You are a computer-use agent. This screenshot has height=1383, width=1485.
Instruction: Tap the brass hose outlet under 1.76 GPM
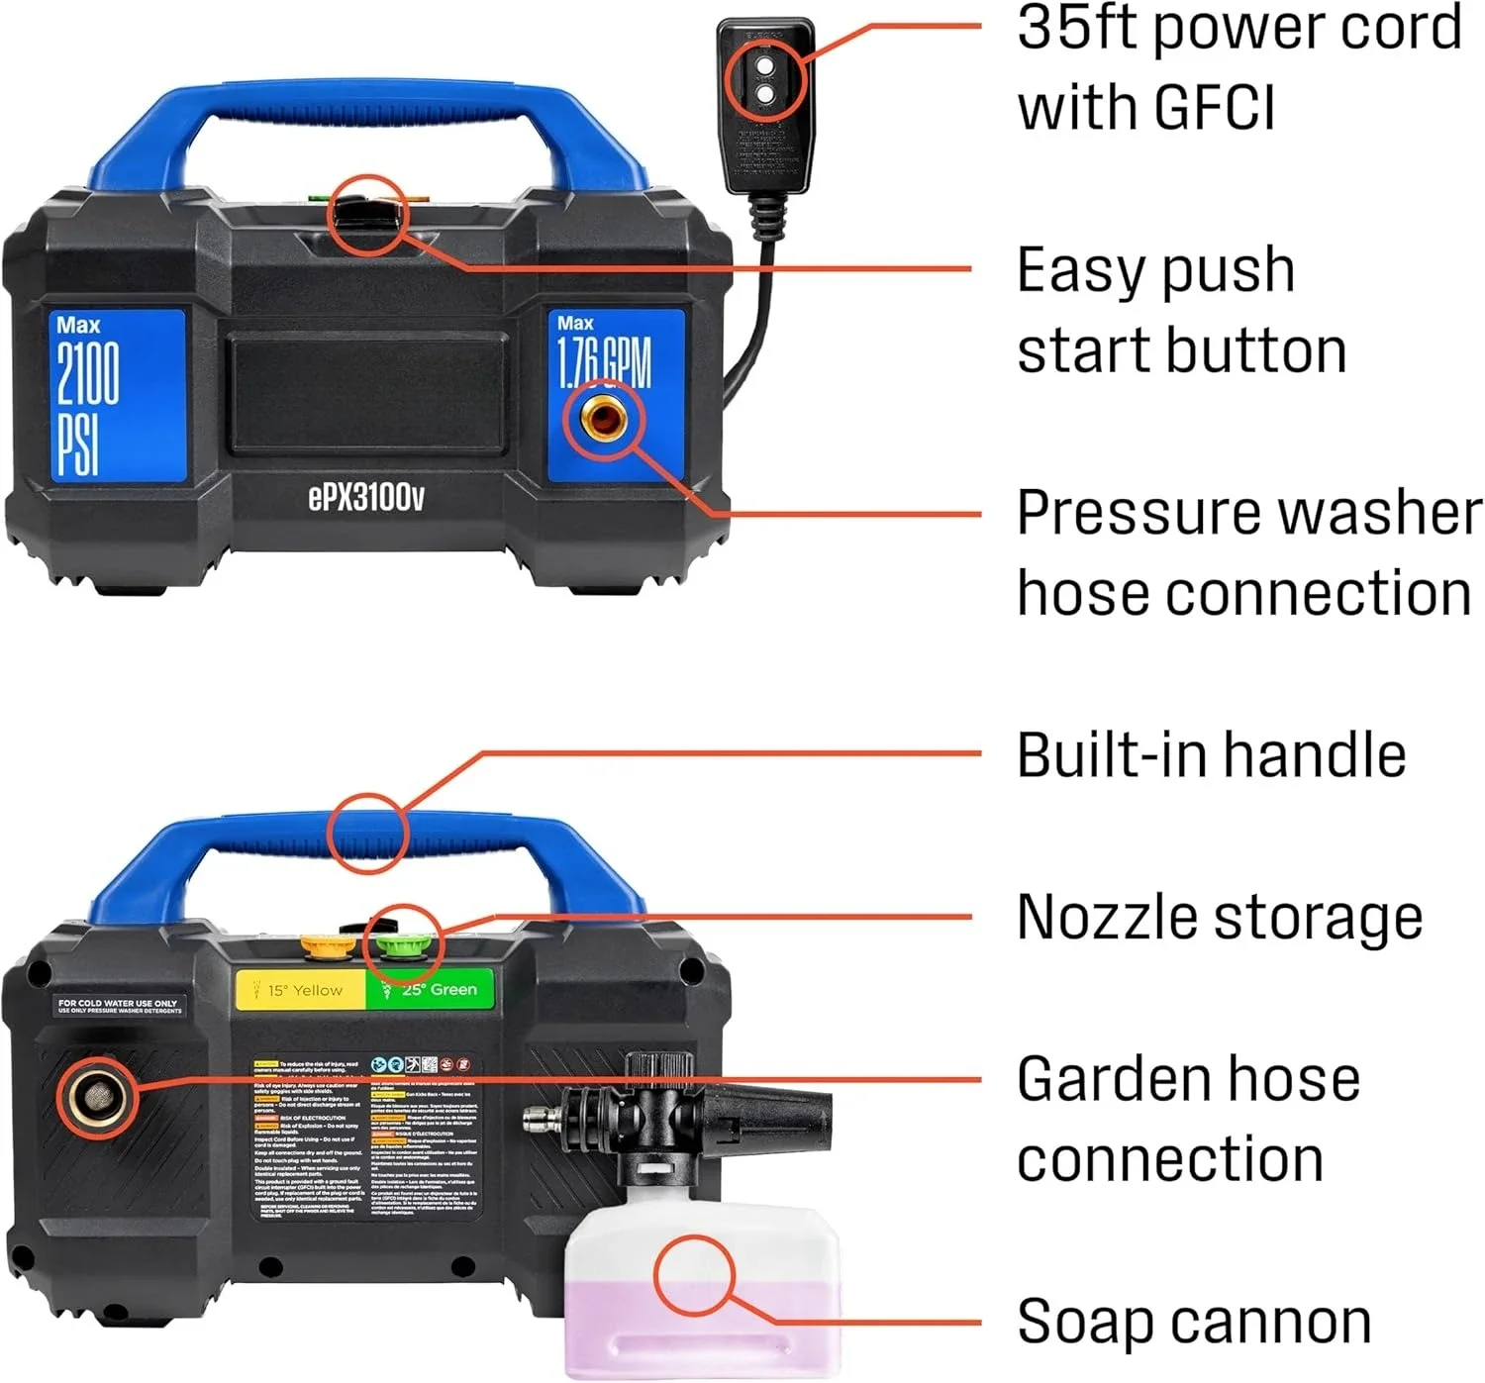click(x=603, y=420)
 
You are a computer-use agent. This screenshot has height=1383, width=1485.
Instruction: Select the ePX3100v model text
click(x=365, y=497)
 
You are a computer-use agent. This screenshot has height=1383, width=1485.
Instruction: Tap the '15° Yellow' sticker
click(x=302, y=989)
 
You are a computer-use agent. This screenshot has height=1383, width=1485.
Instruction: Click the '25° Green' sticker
click(x=433, y=989)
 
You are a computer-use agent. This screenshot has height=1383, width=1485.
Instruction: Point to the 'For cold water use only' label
click(x=118, y=1006)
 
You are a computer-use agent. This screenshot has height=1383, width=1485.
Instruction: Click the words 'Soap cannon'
click(x=1193, y=1322)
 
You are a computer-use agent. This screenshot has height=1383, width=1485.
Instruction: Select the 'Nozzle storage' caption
click(x=1219, y=917)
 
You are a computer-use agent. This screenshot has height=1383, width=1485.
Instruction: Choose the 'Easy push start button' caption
click(x=1180, y=310)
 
